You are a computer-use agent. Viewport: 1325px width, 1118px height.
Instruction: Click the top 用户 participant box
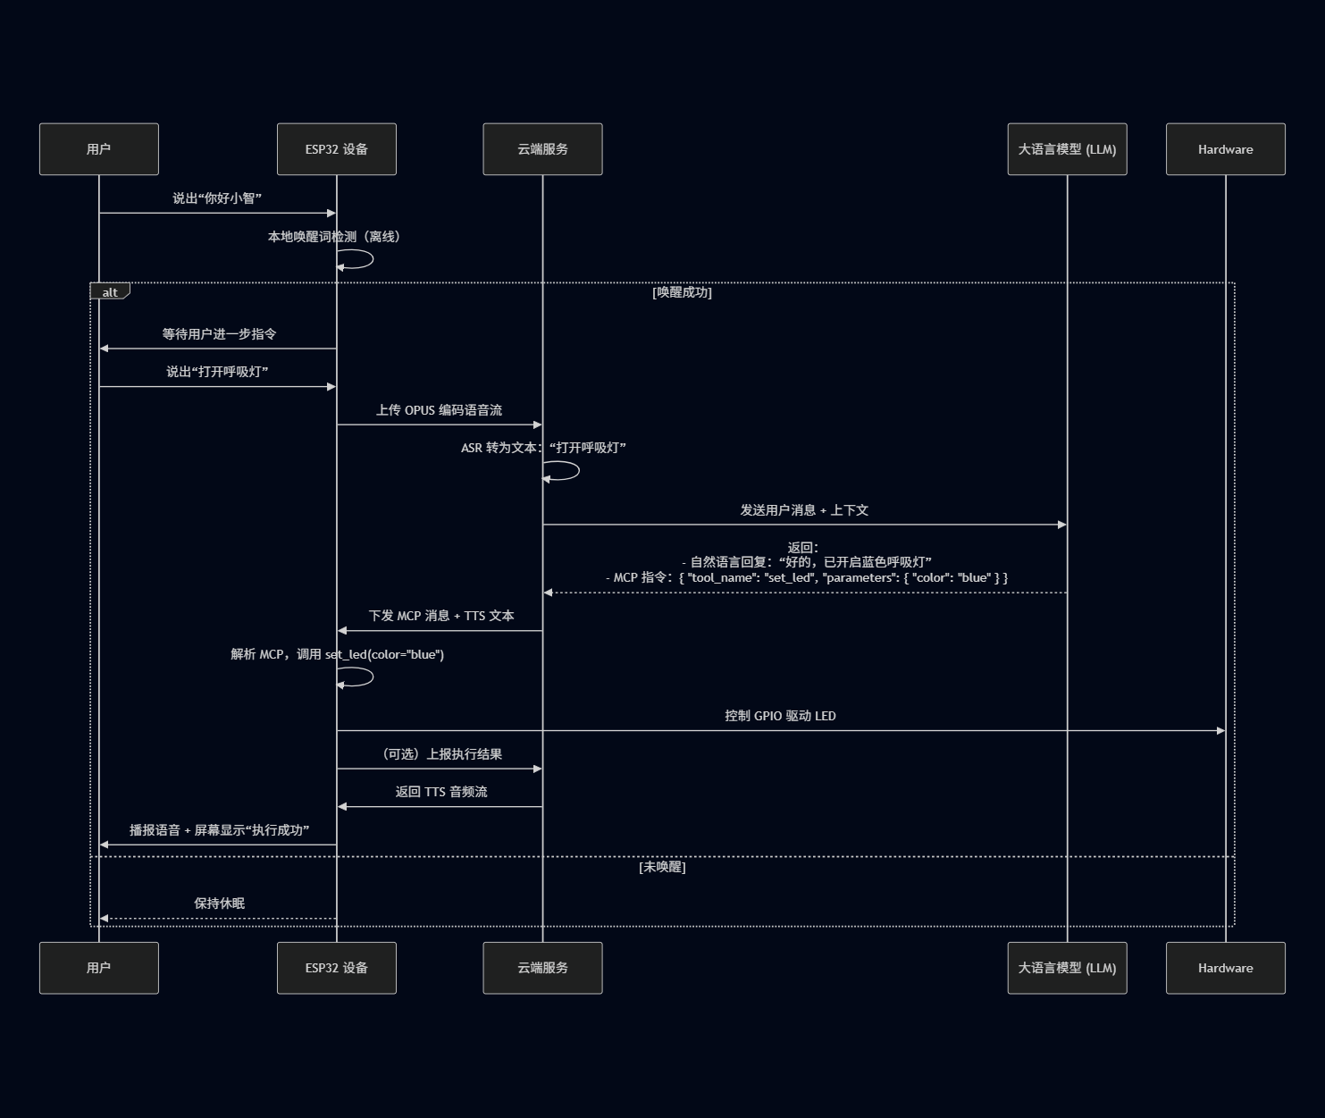point(98,149)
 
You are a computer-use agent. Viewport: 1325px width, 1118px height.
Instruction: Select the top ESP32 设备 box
point(336,149)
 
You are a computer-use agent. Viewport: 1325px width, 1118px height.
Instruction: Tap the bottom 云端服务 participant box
point(542,968)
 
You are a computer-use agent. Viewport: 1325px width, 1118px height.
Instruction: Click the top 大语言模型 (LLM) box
point(1067,149)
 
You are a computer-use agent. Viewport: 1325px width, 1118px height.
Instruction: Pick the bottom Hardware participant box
point(1225,968)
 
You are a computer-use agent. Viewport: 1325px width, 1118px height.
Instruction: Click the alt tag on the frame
point(110,291)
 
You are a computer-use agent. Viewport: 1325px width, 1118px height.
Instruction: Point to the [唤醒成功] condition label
point(682,292)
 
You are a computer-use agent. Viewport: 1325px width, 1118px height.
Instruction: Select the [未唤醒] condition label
point(662,867)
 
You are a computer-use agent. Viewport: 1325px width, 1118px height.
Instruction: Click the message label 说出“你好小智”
point(217,198)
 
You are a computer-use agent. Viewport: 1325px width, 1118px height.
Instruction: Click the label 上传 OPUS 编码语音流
point(439,410)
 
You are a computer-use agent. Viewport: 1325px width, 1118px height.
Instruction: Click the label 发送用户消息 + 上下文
point(804,510)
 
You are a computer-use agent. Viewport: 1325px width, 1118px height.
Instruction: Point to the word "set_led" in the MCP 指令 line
point(789,577)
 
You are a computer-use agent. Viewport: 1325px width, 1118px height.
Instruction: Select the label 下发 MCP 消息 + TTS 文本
point(441,616)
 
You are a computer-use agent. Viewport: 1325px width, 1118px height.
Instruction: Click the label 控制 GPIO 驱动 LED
point(780,716)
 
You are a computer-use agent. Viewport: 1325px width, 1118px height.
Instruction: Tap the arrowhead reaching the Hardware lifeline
point(1220,731)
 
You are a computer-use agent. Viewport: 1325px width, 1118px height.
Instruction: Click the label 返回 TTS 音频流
point(441,792)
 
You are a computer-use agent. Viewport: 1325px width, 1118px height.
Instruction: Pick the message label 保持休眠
point(219,904)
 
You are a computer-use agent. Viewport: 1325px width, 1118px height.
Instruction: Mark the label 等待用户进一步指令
point(219,334)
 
